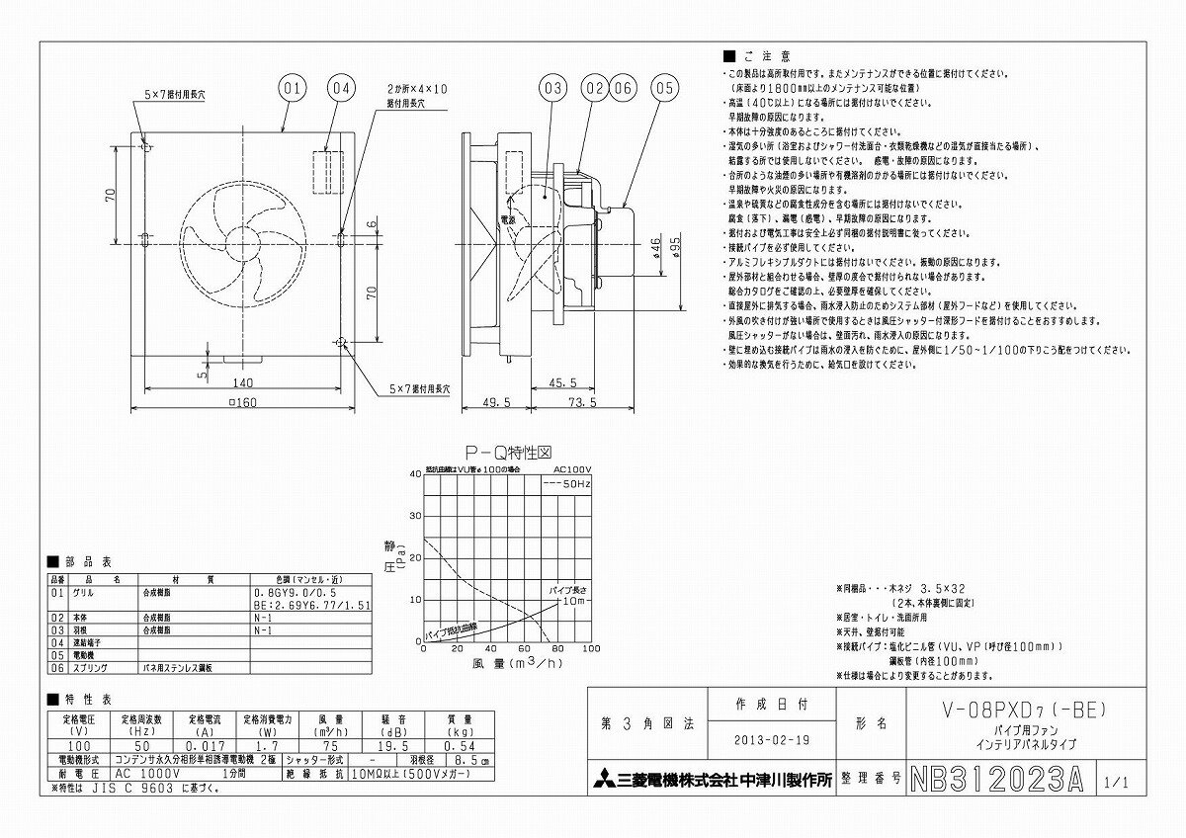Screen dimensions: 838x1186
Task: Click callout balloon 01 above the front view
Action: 291,88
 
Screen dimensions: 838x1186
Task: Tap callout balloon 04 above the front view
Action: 340,88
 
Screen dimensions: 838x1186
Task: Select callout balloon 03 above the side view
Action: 553,88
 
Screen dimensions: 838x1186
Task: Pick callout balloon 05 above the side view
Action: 664,88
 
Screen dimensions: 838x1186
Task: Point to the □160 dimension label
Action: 243,402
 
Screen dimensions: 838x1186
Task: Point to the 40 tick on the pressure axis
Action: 415,474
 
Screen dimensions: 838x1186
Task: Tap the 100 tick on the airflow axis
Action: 591,649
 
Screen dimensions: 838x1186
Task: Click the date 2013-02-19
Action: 772,739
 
